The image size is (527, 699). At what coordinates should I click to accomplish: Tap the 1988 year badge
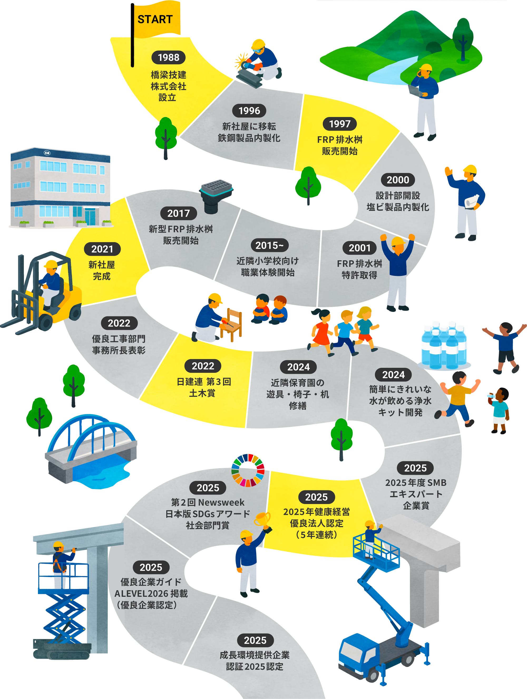coord(168,57)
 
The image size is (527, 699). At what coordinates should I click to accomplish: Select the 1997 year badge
coord(340,124)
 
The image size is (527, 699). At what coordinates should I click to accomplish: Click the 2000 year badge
coord(398,180)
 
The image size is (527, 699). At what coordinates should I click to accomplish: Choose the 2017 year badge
coord(178,213)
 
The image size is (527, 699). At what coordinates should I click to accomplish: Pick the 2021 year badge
coord(102,249)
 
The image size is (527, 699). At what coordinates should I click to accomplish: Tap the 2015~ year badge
coord(270,245)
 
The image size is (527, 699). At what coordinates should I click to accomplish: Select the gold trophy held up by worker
coord(262,519)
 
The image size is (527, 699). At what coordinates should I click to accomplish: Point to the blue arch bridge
coord(92,449)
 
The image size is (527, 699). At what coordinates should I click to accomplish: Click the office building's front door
coord(90,217)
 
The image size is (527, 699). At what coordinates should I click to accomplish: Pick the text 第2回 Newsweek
coord(208,502)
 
